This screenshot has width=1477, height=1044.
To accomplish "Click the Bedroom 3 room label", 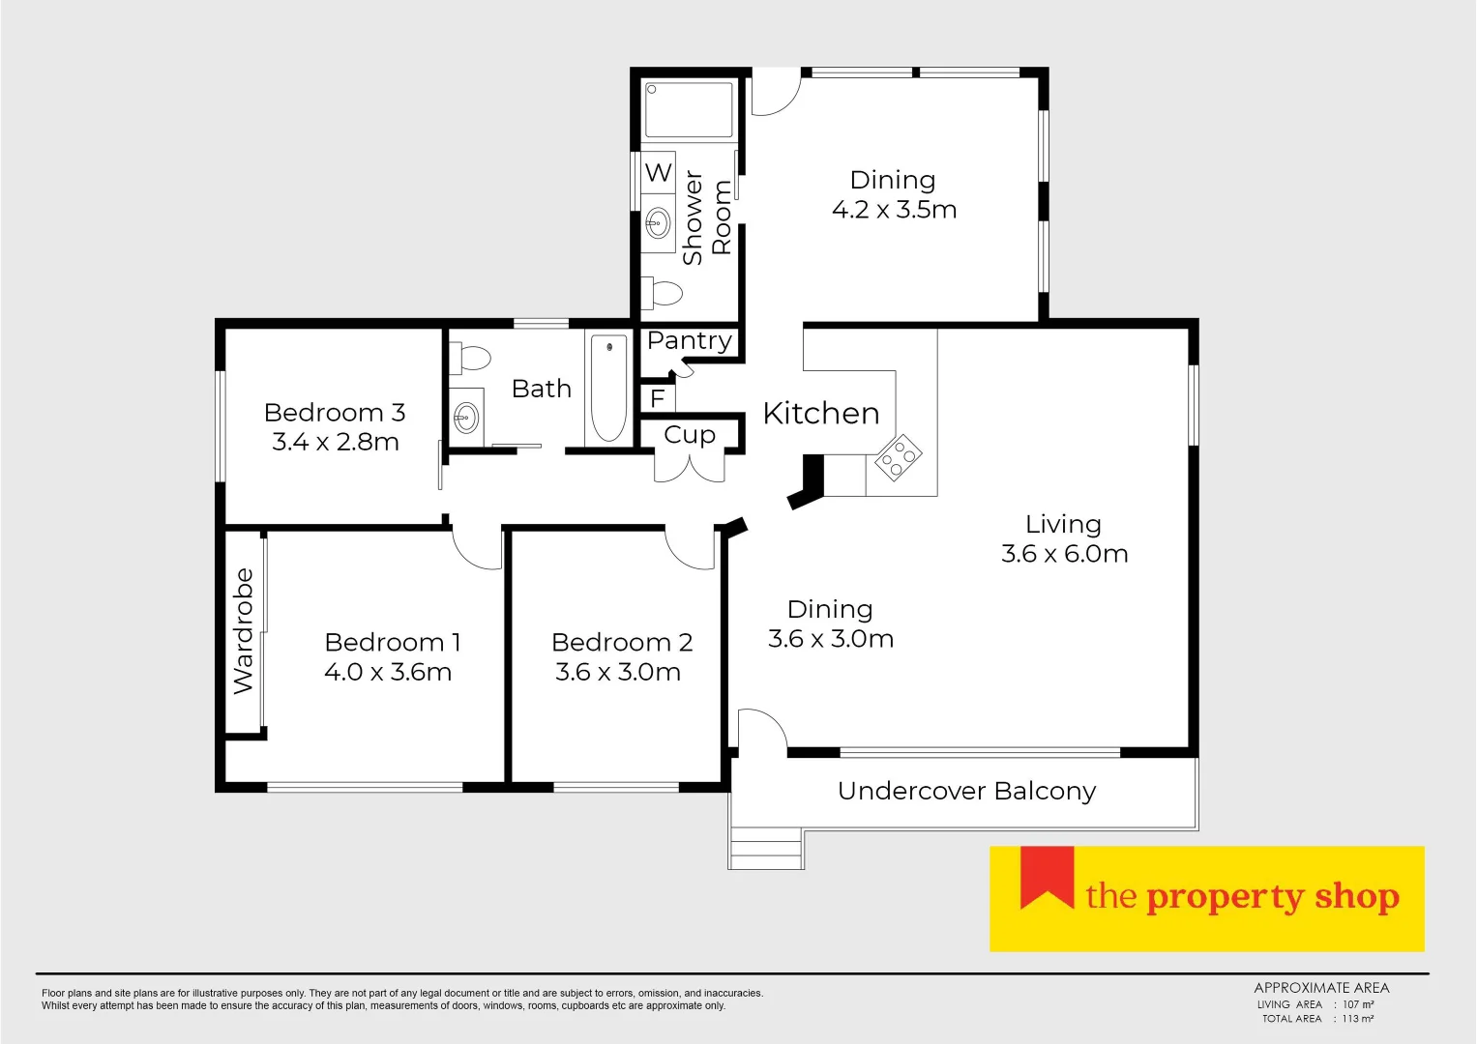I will [335, 413].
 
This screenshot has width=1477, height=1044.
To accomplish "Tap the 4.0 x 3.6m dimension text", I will [388, 672].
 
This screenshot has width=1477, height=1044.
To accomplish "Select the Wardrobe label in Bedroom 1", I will [244, 631].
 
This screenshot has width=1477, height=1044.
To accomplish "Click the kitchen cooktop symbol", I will [898, 458].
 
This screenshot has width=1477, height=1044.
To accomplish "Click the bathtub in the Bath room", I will [608, 388].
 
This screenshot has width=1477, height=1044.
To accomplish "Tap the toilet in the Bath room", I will [471, 358].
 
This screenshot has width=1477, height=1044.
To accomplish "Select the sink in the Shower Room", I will [658, 223].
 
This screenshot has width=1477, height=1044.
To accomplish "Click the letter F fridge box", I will [658, 398].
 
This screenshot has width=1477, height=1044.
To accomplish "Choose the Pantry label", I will [690, 341].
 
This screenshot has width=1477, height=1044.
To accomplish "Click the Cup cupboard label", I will [690, 435].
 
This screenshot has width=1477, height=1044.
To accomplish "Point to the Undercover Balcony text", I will [966, 791].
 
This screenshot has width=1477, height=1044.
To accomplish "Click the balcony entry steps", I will [766, 849].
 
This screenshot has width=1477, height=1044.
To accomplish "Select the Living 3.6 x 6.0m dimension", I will [1064, 554].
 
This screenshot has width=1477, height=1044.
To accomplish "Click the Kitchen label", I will [821, 414].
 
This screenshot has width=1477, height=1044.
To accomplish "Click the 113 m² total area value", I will [1357, 1019].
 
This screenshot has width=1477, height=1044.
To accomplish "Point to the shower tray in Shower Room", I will [690, 110].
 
